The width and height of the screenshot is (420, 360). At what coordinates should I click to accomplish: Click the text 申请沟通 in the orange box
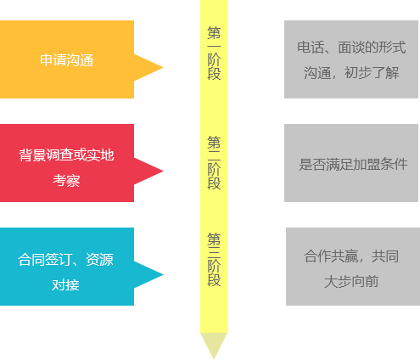click(67, 60)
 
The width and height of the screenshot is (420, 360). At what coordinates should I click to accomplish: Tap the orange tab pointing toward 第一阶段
click(149, 68)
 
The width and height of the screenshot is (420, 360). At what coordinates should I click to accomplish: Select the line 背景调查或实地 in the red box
click(67, 155)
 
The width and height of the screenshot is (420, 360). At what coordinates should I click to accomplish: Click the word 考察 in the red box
click(67, 180)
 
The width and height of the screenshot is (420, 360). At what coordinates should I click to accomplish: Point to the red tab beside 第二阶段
click(149, 172)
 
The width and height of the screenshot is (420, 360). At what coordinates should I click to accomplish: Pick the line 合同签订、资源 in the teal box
click(66, 260)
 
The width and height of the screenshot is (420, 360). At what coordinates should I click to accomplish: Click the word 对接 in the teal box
click(66, 284)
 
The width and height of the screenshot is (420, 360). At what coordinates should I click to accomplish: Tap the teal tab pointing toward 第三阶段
click(149, 275)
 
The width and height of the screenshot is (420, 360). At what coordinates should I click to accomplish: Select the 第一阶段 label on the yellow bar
click(214, 53)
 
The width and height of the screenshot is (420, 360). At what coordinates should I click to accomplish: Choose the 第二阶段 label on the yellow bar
click(214, 162)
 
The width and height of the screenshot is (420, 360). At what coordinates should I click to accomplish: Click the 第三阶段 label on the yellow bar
click(214, 259)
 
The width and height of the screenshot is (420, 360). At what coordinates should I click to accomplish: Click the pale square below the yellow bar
click(213, 346)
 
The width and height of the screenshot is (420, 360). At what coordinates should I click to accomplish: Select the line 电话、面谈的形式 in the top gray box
click(351, 48)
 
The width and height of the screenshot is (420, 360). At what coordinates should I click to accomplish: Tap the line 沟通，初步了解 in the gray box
click(351, 73)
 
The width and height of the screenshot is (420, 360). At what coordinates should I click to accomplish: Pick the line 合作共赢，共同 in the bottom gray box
click(351, 256)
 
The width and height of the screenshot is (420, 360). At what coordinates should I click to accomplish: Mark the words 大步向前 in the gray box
click(351, 281)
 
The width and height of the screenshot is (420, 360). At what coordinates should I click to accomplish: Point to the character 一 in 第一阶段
click(214, 46)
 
